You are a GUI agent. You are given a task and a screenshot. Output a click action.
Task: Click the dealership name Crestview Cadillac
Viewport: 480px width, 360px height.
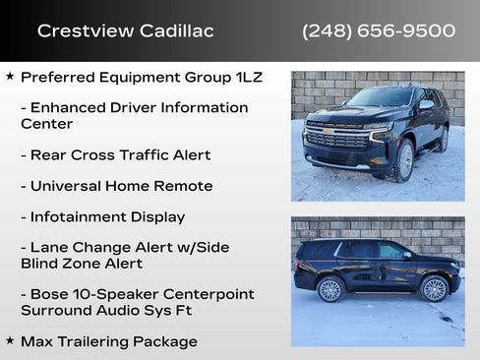click(x=125, y=30)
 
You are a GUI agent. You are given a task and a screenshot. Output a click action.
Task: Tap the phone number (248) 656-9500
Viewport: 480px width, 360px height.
click(x=379, y=30)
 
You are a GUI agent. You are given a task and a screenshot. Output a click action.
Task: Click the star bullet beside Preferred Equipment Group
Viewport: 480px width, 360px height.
click(x=10, y=75)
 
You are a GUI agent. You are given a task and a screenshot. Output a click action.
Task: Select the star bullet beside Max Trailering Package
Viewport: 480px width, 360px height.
click(x=10, y=340)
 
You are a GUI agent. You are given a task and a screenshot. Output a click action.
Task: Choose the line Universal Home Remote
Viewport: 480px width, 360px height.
click(x=116, y=186)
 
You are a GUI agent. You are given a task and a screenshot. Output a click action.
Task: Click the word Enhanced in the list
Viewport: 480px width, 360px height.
click(x=67, y=107)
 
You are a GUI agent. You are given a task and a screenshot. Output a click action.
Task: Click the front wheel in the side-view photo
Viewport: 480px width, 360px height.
click(x=433, y=287)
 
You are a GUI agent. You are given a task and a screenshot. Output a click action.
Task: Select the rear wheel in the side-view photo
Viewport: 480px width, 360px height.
click(x=330, y=288)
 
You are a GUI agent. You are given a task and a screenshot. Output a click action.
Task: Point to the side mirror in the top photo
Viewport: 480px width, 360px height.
click(x=426, y=104)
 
